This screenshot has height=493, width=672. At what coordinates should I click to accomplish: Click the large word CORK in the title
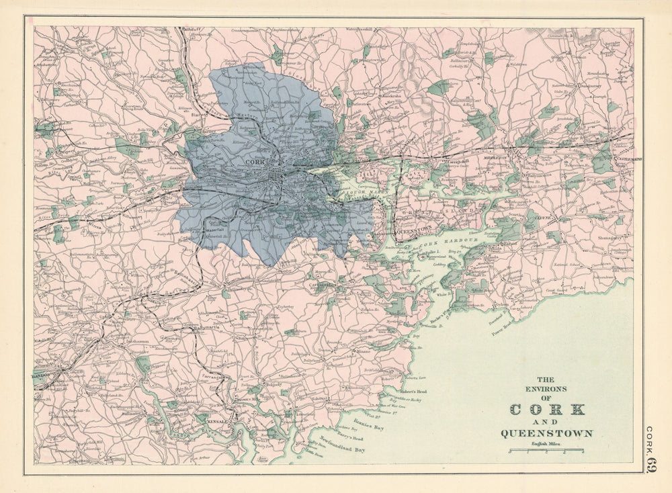[x=547, y=409]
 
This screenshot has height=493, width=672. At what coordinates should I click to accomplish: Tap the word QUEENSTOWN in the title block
[x=546, y=433]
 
